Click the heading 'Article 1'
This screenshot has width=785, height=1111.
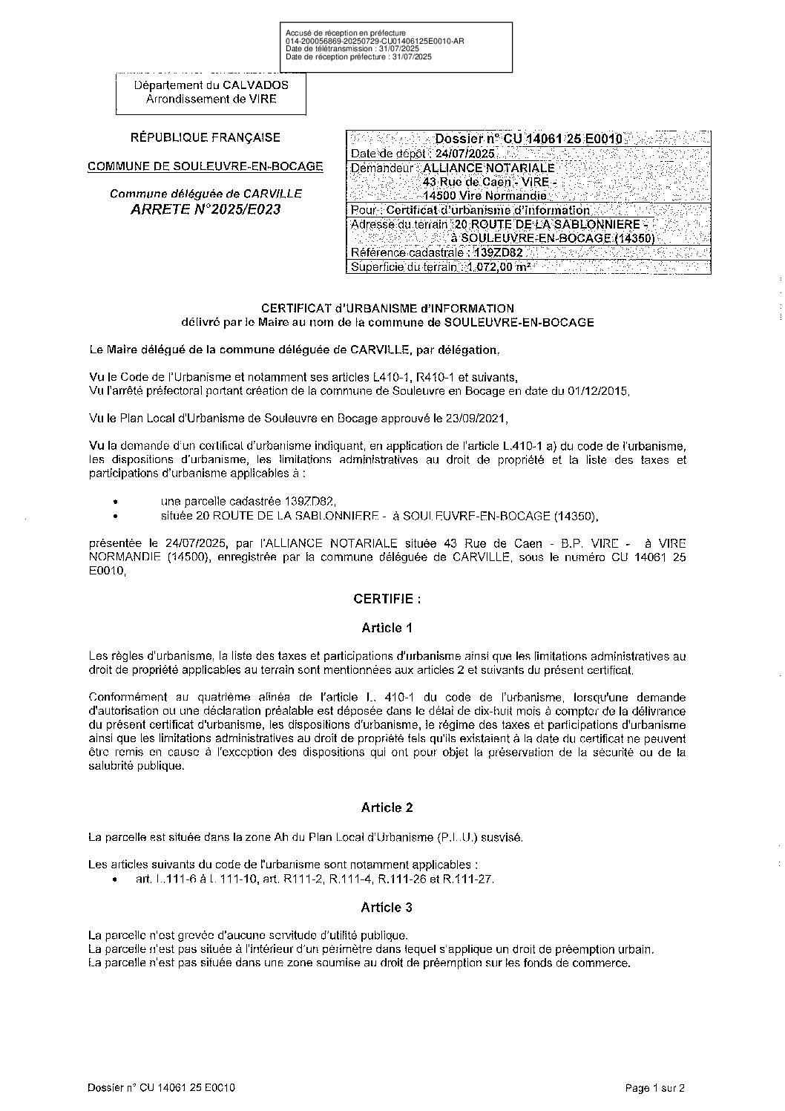coord(387,628)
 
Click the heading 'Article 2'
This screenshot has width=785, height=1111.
coord(387,807)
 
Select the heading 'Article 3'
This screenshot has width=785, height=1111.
coord(387,908)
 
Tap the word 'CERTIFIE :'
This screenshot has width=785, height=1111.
coord(387,598)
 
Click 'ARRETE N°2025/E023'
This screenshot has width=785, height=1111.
coord(206,209)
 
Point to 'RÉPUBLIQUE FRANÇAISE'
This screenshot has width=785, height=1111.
coord(206,137)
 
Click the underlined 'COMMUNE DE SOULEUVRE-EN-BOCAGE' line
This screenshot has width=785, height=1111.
coord(206,166)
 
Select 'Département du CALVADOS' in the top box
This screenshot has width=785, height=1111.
coord(211,85)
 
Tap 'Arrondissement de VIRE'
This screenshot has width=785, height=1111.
coord(211,99)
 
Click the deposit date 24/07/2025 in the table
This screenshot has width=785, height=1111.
coord(465,154)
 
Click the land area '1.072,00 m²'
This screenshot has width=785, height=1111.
coord(499,268)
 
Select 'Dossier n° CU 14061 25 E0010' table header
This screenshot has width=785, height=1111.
coord(528,139)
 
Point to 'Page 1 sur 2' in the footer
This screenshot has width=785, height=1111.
coord(655,1089)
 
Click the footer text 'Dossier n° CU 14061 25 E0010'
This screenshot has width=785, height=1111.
coord(161,1089)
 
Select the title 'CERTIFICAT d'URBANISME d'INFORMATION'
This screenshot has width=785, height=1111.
coord(387,308)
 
